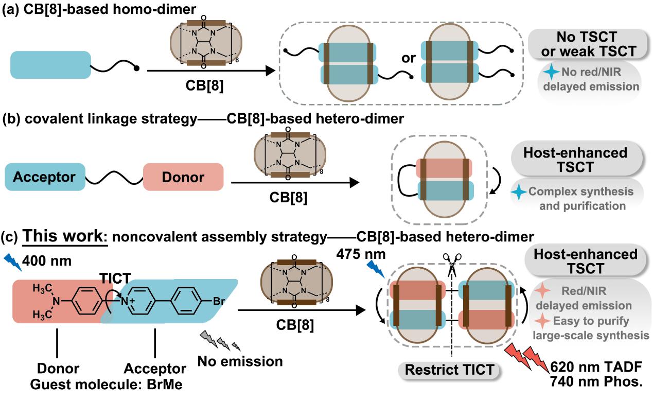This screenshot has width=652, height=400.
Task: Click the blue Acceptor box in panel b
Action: pos(44,177)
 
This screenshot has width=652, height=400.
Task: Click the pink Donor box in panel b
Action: pos(183,177)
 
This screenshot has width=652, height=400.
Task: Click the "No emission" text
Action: pos(240,361)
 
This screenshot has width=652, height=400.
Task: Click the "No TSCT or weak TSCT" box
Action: pos(587,44)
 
